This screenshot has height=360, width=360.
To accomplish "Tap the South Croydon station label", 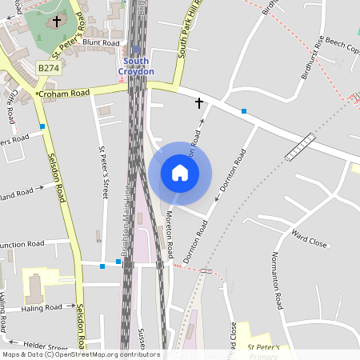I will [136, 66].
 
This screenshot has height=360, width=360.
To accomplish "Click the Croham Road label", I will [64, 94].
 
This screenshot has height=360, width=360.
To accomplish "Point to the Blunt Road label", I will [101, 43].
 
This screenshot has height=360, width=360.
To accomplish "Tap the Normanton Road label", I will [277, 279].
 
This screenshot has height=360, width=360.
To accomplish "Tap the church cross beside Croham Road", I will [199, 102].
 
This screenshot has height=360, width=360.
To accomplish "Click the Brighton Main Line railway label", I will [126, 240].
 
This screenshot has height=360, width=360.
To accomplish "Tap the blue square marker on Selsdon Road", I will [42, 126].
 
